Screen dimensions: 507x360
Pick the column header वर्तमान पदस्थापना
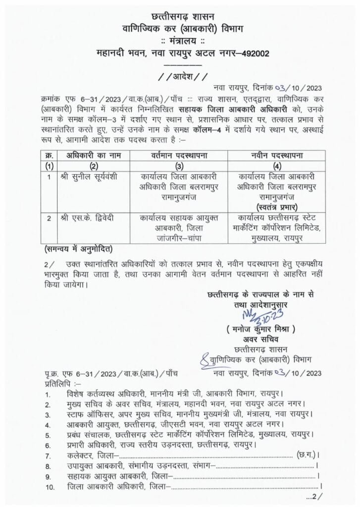click(x=178, y=154)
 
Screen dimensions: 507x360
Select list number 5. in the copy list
click(x=48, y=434)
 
